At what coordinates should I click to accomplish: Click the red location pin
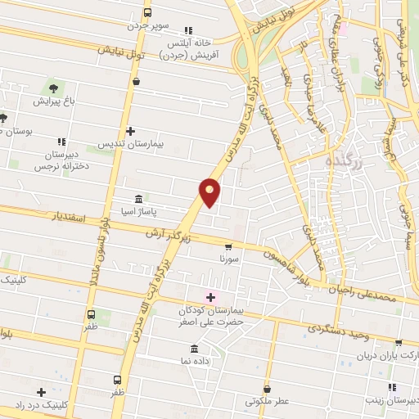(210, 191)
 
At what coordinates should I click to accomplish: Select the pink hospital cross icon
(209, 297)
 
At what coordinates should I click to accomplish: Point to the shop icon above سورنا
(228, 246)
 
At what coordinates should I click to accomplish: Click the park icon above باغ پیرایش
(54, 87)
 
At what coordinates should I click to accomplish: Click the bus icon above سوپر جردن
(147, 12)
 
